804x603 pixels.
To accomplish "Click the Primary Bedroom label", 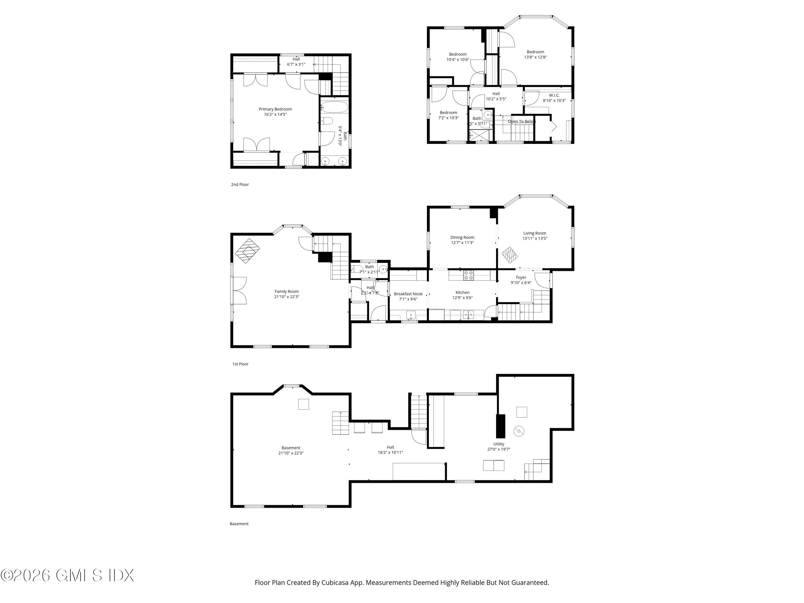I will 275,109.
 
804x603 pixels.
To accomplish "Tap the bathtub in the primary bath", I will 334,107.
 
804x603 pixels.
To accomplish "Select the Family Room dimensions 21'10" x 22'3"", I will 286,297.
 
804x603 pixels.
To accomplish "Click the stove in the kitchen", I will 468,275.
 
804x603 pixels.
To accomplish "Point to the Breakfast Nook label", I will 408,294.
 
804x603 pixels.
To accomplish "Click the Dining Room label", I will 462,237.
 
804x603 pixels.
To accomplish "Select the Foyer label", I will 521,277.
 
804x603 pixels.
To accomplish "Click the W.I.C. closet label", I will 554,95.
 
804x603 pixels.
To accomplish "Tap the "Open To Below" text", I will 522,121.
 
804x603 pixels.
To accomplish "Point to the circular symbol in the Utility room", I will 519,431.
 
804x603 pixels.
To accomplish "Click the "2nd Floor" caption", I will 240,184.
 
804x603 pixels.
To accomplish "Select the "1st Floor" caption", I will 240,364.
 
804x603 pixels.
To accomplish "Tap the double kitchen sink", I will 468,314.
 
